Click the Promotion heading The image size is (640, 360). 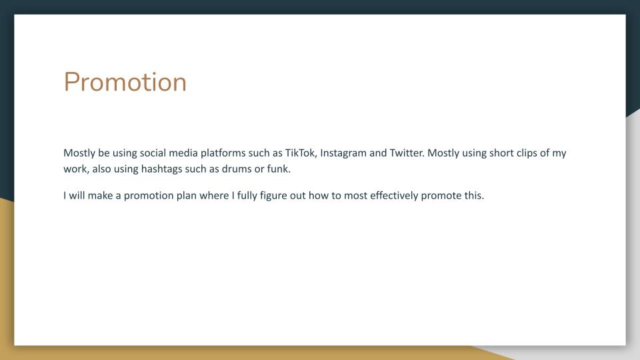pos(125,82)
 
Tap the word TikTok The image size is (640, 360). pos(301,153)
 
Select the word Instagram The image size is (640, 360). pos(343,153)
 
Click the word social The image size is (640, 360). pos(153,153)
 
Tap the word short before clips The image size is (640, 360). pos(501,153)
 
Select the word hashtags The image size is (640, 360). pos(161,169)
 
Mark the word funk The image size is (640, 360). pos(279,169)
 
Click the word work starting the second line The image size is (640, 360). pos(76,169)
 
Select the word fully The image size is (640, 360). pos(247,196)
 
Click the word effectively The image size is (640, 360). pos(394,196)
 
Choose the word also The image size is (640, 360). pos(101,169)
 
